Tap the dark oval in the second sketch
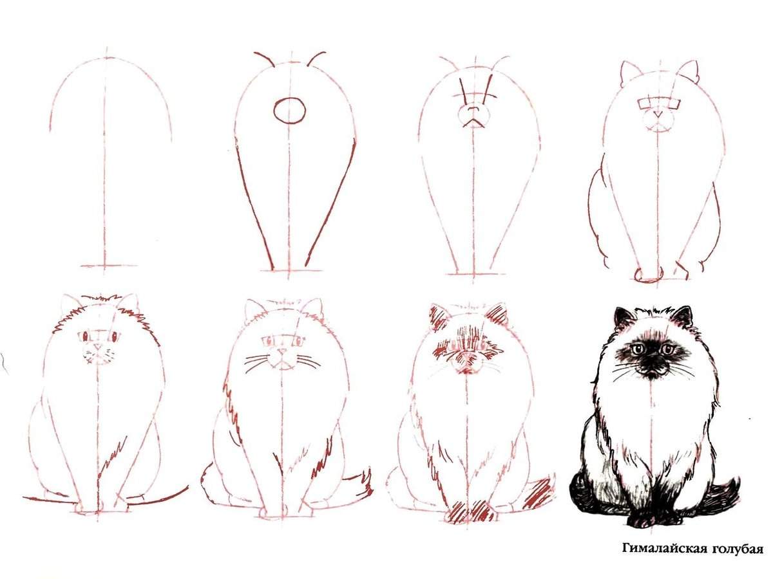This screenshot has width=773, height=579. pos(289,111)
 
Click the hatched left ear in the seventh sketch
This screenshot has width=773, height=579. pos(439,317)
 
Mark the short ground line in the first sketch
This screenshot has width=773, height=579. pos(109,266)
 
